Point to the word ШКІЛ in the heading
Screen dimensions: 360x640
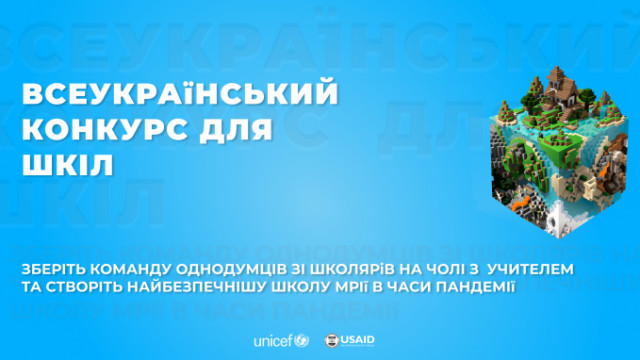(63, 163)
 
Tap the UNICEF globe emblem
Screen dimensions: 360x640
(302, 340)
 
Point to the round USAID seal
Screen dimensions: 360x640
(331, 340)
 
